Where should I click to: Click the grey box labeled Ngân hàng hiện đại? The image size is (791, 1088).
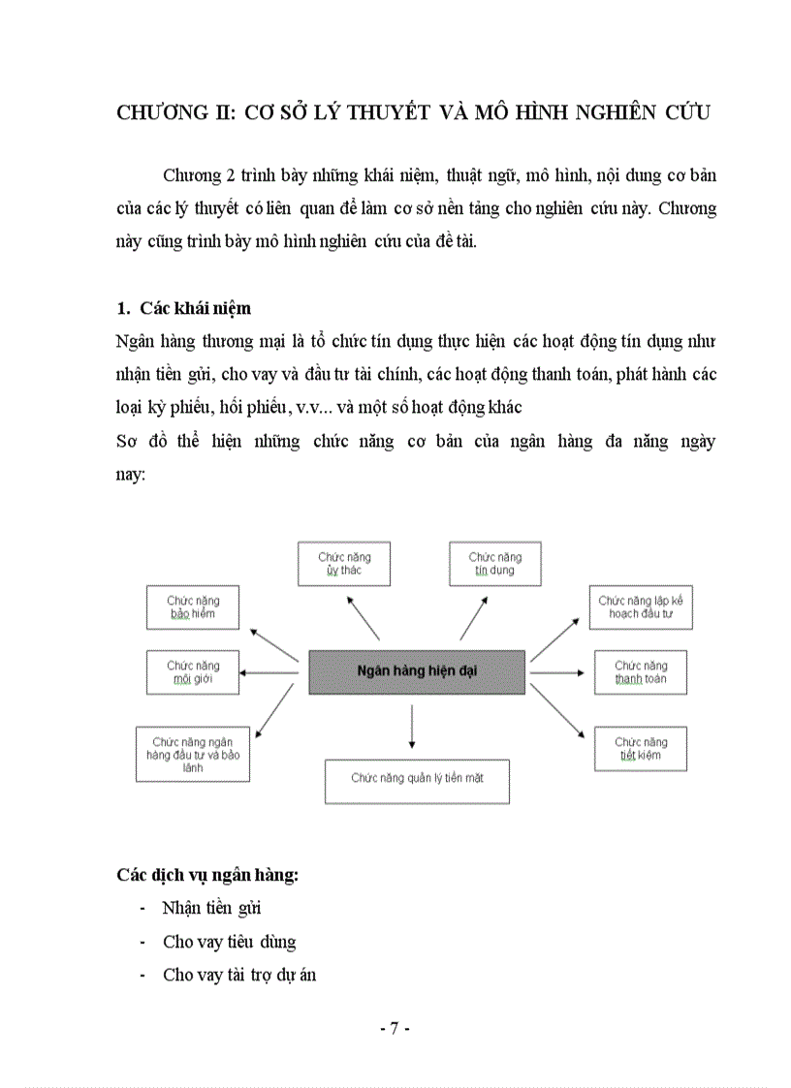coord(417,671)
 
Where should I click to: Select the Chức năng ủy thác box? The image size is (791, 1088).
coord(344,564)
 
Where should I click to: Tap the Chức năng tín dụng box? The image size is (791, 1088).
coord(495,564)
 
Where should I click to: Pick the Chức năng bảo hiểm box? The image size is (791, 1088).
coord(194,607)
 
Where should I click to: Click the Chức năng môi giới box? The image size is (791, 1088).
coord(194,672)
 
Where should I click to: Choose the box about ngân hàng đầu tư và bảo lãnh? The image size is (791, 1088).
coord(193,754)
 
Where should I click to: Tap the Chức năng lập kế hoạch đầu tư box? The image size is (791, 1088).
coord(641,607)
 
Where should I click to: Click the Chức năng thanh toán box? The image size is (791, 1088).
coord(641,672)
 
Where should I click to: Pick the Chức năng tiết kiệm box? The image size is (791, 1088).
coord(641,749)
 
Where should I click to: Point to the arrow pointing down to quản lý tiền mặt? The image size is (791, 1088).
coord(413,727)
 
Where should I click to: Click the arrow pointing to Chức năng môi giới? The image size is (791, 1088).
coord(269,672)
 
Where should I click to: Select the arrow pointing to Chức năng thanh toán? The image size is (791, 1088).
coord(554,672)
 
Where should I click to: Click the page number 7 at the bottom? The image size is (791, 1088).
coord(395,1029)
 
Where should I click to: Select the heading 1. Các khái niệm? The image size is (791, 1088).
coord(183,308)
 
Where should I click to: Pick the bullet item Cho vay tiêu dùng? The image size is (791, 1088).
coord(230,942)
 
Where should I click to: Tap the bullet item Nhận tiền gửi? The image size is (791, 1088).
coord(212,909)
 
